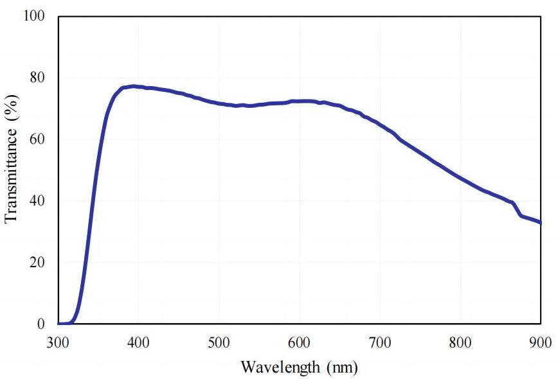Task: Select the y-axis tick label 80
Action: [39, 78]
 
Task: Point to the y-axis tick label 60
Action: [39, 139]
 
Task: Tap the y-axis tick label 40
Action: [39, 201]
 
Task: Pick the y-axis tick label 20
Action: [39, 263]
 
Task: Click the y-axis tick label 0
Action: [42, 324]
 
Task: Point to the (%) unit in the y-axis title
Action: [11, 103]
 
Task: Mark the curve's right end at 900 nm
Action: [540, 223]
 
